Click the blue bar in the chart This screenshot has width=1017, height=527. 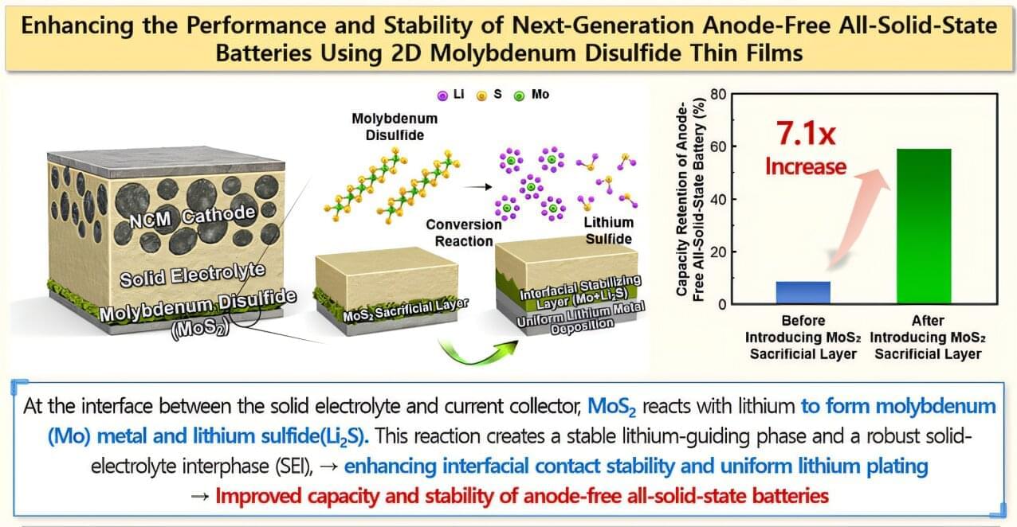(803, 292)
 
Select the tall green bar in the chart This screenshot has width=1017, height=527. (924, 226)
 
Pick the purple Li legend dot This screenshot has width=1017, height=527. (441, 96)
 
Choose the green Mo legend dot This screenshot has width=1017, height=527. (519, 96)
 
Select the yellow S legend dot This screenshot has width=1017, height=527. (482, 96)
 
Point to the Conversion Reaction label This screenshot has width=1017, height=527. (463, 232)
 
